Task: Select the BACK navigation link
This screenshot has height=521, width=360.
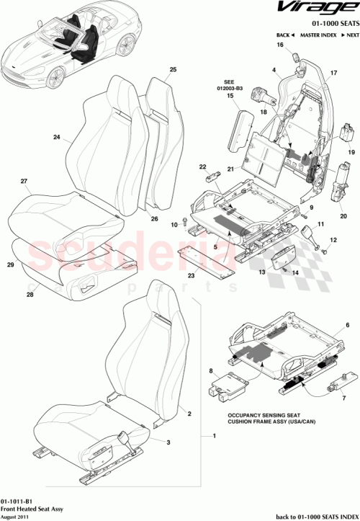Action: (284, 35)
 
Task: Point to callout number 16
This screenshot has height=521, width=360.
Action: (280, 45)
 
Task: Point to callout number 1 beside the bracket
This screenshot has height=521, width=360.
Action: (214, 437)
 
